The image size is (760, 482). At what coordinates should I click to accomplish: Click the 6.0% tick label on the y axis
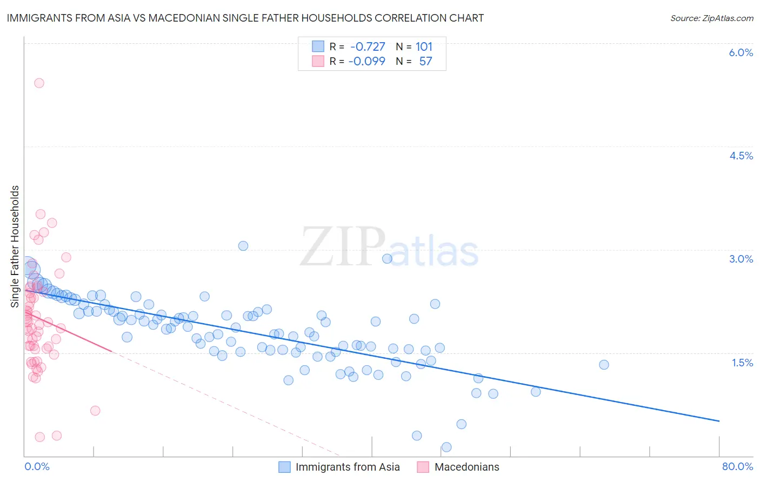coord(741,52)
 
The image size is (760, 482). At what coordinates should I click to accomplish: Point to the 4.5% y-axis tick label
coord(741,156)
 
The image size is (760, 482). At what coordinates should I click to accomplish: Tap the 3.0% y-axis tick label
coord(741,259)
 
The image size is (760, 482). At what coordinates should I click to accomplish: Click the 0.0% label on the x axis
coord(37,466)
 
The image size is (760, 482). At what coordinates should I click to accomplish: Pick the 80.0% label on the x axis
coord(737,466)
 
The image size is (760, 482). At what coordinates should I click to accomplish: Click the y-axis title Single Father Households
coord(15,246)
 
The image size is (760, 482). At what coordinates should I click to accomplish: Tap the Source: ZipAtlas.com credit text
coord(711,18)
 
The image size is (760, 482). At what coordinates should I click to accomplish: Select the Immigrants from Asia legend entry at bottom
coord(347,467)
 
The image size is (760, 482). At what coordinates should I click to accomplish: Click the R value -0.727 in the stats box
coord(368,46)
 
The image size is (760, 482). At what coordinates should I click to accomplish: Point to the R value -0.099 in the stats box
coord(366,61)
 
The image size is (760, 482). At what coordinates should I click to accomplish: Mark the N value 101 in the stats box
coord(424,46)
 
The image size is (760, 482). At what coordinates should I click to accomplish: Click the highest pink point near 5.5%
coord(39,83)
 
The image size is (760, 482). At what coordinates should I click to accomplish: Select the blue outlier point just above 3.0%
coord(243,246)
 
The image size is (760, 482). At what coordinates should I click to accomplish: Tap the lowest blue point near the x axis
coord(446,447)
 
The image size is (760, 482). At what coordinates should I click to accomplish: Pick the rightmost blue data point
coord(604,365)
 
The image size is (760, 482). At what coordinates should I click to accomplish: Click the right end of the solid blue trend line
coord(719,421)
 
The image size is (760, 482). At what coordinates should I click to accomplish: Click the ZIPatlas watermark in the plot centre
coord(389,247)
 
